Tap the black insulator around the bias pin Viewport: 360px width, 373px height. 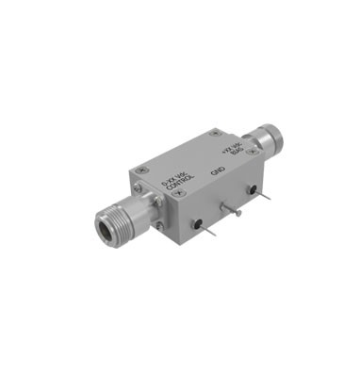(x=252, y=191)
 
